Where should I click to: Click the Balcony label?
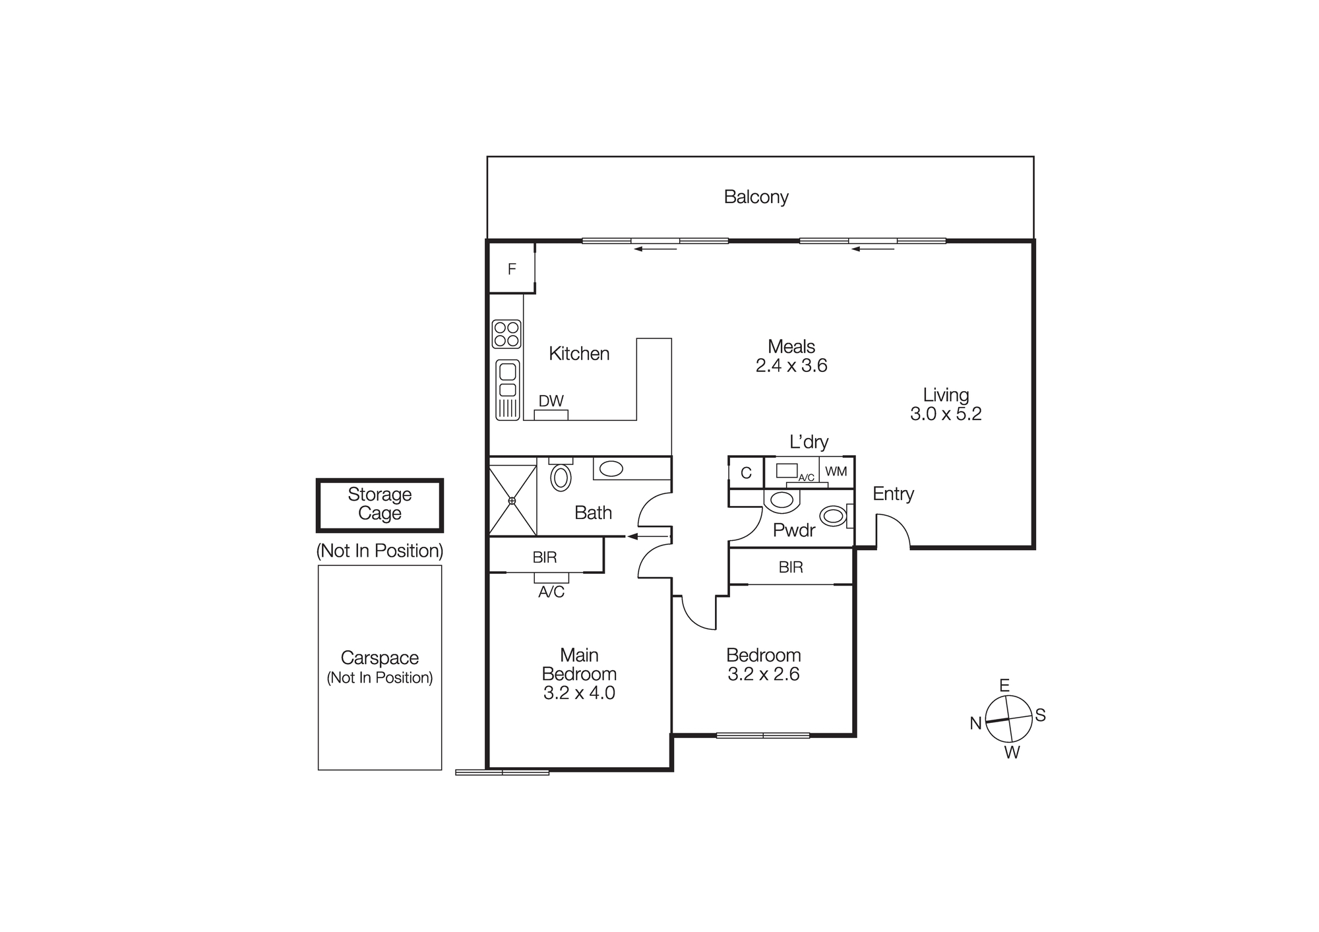tap(756, 197)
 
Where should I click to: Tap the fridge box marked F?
tap(511, 268)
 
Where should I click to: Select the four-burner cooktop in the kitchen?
tap(506, 334)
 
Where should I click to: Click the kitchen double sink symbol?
tap(507, 389)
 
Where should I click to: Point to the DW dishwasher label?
tap(551, 401)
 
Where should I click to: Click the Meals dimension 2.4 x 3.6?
tap(791, 365)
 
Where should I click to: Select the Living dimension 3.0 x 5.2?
tap(945, 414)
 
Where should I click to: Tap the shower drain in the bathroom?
tap(512, 501)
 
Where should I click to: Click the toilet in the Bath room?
tap(561, 476)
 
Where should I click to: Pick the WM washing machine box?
tap(836, 472)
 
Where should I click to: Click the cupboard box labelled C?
tap(746, 473)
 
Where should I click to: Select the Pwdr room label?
tap(794, 530)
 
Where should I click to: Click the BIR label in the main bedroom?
tap(544, 557)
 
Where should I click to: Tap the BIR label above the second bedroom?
tap(790, 567)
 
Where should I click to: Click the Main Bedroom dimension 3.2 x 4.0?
tap(579, 693)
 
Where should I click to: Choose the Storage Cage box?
tap(379, 505)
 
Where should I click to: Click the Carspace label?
tap(379, 658)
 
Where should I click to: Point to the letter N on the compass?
tap(975, 724)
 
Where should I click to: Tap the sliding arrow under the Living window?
tap(873, 249)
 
